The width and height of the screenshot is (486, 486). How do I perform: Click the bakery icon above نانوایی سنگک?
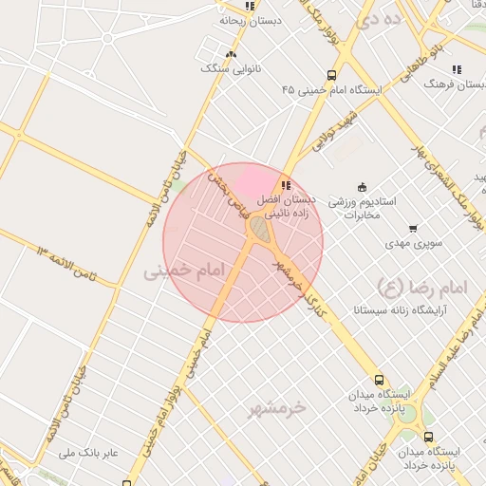point(231,53)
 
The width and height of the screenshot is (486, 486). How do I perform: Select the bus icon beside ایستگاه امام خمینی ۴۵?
point(331,74)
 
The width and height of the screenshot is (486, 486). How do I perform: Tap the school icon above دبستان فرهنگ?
point(457,68)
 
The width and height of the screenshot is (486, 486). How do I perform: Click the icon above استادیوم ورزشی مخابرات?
point(361,186)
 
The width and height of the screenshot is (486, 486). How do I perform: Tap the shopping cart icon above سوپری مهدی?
point(412,228)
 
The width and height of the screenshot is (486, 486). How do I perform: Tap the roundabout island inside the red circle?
point(257,228)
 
